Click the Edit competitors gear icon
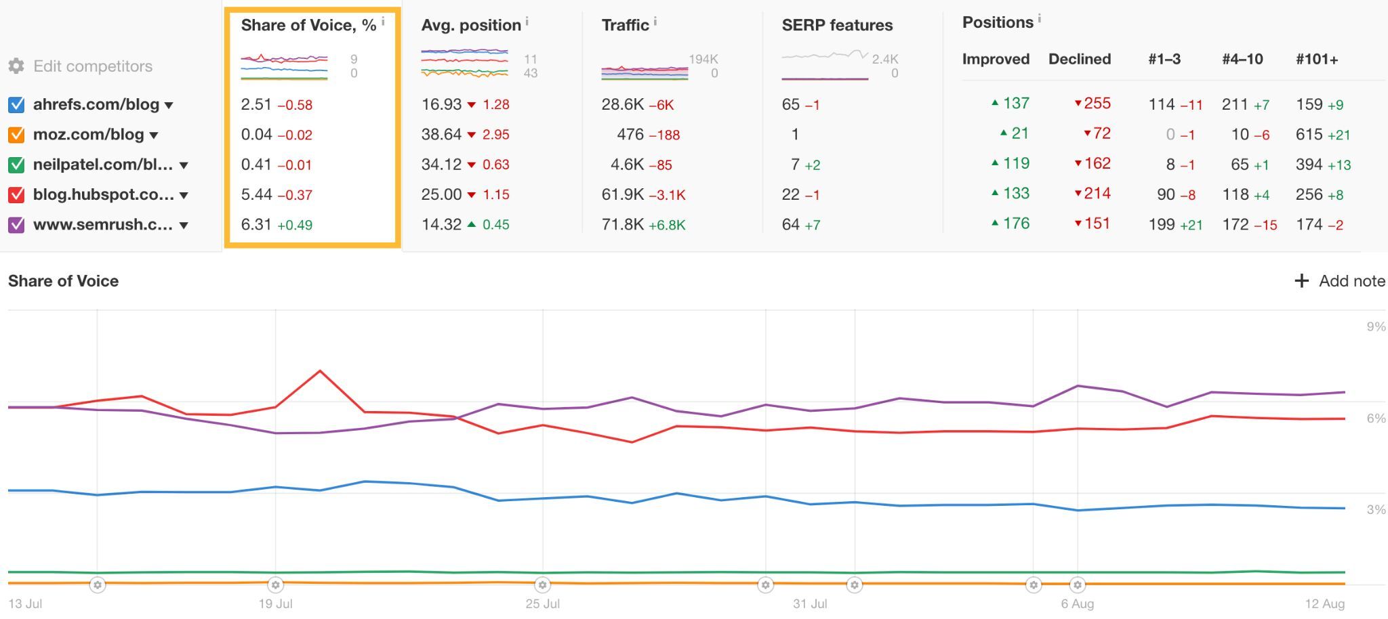(16, 66)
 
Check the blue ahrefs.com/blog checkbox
(16, 104)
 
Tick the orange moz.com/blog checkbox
(16, 135)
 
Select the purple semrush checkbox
(16, 225)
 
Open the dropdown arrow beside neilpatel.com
(184, 165)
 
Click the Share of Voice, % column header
(308, 25)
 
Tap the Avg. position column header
(471, 25)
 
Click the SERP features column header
(837, 25)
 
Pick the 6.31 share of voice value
(256, 224)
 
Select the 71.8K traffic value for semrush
(622, 224)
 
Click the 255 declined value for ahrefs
(1097, 104)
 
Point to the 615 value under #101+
(1309, 134)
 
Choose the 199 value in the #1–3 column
(1162, 224)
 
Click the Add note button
(1339, 281)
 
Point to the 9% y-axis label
(1376, 326)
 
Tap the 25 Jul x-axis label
(543, 603)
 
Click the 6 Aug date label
(1077, 603)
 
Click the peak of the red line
(320, 371)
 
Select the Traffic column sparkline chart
(645, 71)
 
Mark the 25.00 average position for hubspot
(441, 194)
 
